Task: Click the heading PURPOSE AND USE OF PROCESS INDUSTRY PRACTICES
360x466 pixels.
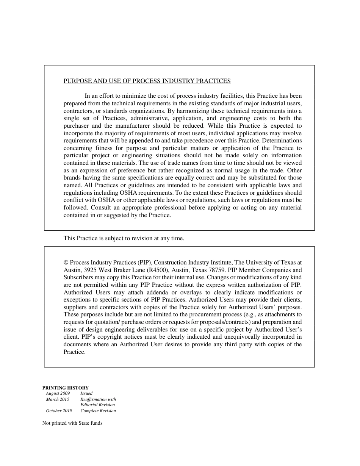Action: (147, 81)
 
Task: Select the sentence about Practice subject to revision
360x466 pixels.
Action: (124, 239)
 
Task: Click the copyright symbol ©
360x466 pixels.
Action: (66, 263)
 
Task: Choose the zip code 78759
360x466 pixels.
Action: (214, 270)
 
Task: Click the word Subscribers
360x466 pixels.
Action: (78, 278)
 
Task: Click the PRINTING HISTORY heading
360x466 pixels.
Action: (65, 388)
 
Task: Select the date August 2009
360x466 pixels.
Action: (58, 394)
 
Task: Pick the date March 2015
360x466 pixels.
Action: (58, 399)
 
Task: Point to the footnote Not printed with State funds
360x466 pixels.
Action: (72, 423)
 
